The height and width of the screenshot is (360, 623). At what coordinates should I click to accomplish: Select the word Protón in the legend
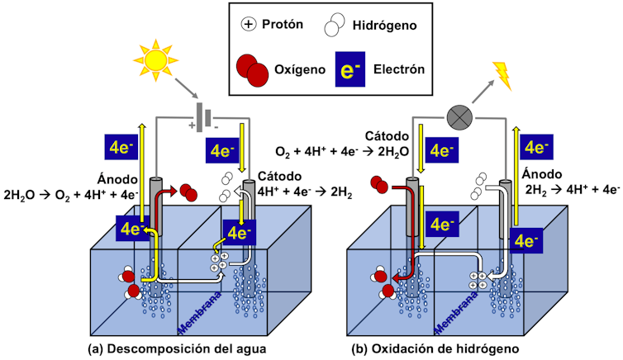(283, 24)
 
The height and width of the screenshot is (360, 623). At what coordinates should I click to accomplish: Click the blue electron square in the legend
(345, 70)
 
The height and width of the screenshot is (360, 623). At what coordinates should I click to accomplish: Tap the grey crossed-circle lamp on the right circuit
(459, 118)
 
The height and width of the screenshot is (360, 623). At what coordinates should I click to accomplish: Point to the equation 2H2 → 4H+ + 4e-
(573, 189)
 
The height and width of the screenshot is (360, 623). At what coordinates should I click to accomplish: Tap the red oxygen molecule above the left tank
(188, 193)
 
